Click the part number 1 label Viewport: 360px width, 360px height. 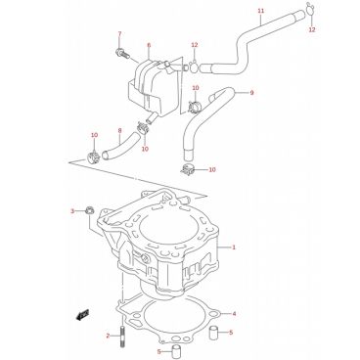234,247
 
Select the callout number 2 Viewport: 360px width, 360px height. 108,336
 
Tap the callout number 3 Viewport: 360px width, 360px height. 72,211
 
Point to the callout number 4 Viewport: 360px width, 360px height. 234,314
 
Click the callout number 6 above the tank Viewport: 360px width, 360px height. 149,45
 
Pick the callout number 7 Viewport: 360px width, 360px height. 119,34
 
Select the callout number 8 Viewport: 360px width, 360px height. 119,131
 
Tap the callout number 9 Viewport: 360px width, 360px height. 251,93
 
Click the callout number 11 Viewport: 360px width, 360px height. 260,11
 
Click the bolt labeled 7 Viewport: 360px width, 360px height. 122,53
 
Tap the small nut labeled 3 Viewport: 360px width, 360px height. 89,210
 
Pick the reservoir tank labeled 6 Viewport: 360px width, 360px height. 153,88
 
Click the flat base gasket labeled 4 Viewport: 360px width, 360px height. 168,318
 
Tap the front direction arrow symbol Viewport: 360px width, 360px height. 82,315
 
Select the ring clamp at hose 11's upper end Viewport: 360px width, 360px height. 310,9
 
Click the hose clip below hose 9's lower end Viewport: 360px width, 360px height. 188,169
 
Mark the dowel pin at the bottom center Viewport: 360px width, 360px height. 176,350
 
